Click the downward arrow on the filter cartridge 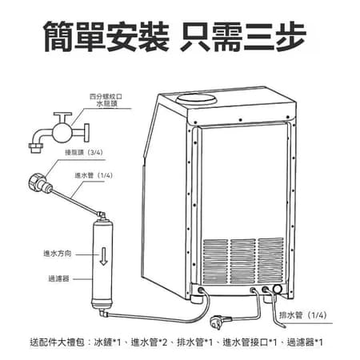point(104,256)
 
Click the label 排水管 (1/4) point(302,315)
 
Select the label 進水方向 point(58,254)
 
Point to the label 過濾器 point(59,278)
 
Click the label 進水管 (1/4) point(94,175)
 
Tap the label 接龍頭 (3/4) point(84,152)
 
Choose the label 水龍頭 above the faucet point(107,104)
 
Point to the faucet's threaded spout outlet point(36,148)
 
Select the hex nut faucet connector point(37,182)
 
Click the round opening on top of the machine point(196,98)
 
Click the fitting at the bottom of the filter point(102,312)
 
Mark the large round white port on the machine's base point(277,290)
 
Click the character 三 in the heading point(259,37)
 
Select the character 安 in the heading point(122,37)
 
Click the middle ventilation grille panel point(242,261)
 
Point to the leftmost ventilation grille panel point(215,262)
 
